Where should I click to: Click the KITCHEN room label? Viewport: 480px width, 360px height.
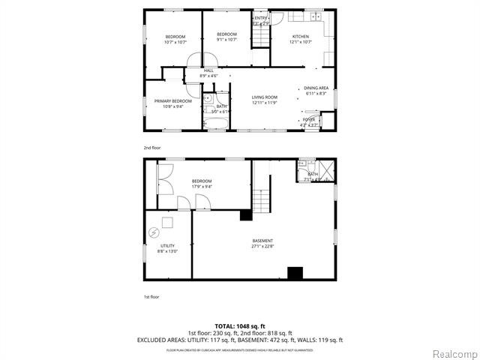(300, 37)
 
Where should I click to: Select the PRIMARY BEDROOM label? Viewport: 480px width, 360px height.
(173, 101)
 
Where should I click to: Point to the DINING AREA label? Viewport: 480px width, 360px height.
(316, 88)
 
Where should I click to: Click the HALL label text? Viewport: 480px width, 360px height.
(208, 70)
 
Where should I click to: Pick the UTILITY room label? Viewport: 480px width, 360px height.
(167, 246)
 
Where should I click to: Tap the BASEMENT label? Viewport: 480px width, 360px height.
(262, 241)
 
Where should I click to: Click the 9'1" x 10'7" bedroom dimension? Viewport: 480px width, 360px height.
(226, 40)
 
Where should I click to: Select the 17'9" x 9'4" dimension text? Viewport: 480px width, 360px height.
(202, 187)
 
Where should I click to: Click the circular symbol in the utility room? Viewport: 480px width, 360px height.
(154, 232)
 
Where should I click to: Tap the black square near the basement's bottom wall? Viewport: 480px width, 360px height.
(295, 273)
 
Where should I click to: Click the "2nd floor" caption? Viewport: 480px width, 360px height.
(152, 148)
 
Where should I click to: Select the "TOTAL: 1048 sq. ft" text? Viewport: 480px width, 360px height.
(240, 326)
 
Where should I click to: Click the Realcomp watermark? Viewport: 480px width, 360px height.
(456, 353)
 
